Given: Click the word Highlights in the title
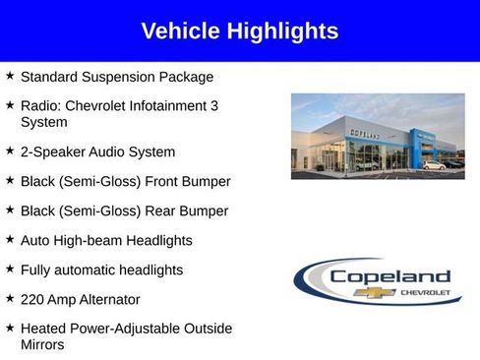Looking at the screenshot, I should coord(282,31).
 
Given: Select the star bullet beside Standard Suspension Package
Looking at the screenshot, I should coord(10,75).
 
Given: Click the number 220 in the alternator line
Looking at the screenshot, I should coord(32,299).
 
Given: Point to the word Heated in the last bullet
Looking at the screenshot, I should coord(43,329).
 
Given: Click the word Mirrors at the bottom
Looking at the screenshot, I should coord(45,345).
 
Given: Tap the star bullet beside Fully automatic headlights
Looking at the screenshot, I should coord(10,269).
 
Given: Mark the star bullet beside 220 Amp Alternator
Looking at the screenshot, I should coord(10,298).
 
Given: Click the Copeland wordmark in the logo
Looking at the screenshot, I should coord(390,276).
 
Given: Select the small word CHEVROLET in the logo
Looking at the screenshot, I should coord(426,292).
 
